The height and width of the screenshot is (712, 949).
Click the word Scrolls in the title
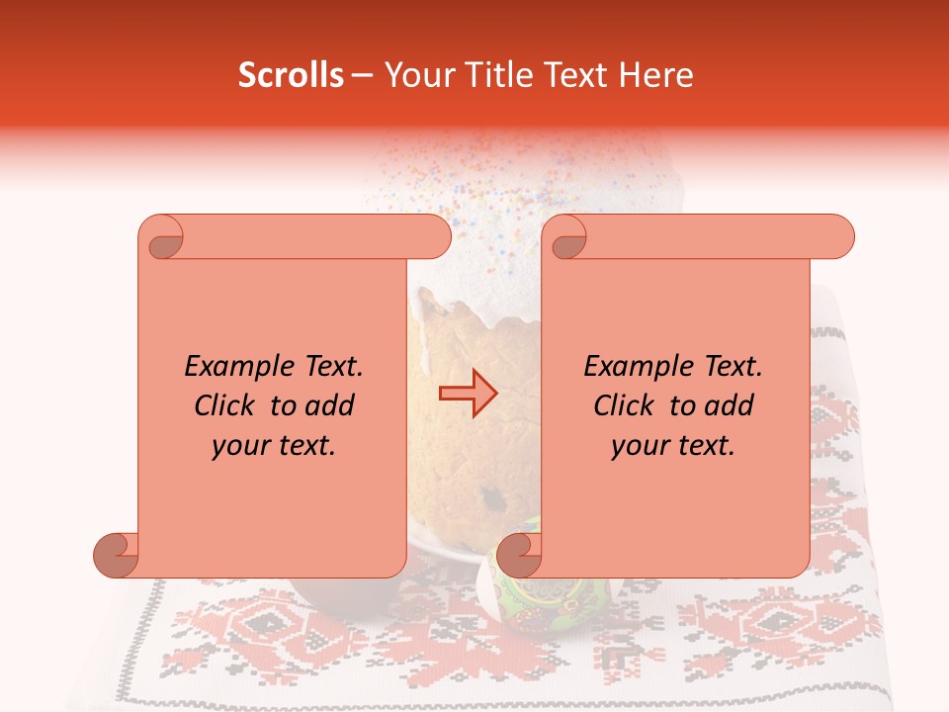coord(291,75)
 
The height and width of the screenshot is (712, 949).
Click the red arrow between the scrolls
coord(469,394)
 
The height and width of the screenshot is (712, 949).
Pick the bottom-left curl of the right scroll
coord(519,555)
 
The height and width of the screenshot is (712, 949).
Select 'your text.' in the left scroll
coord(274,446)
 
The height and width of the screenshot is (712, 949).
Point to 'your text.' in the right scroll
coord(673,446)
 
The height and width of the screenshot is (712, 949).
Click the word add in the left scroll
coord(328,406)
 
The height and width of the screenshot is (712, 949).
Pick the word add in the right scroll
coord(728,406)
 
